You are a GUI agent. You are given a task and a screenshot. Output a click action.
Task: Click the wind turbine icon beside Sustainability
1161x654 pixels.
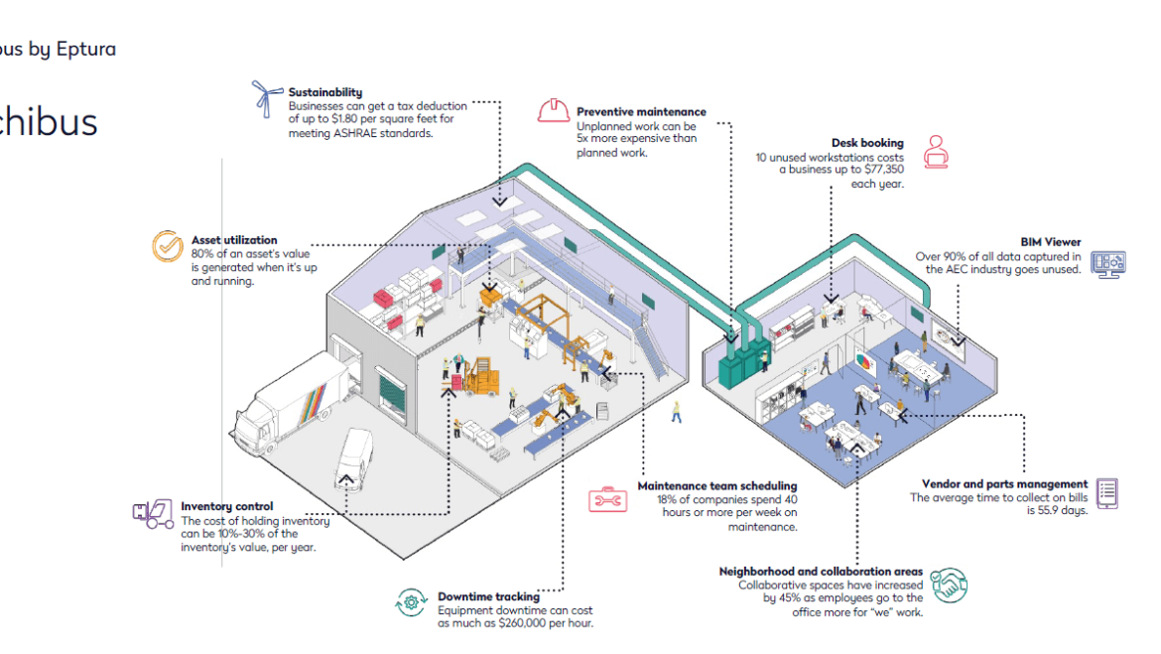265,100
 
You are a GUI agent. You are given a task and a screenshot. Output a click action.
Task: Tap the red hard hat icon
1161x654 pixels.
553,109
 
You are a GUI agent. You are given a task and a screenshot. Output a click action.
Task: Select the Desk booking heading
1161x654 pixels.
867,143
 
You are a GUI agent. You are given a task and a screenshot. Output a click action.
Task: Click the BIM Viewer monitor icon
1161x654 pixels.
1107,262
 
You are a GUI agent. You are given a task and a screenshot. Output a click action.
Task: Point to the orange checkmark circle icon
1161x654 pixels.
167,246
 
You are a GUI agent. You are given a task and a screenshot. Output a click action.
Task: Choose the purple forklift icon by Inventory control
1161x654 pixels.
153,514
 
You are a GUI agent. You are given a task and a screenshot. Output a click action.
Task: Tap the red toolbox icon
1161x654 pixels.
606,499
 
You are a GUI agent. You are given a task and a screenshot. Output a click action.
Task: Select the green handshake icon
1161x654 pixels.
950,585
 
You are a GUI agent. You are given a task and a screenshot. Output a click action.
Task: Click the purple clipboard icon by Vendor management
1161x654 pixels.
1108,492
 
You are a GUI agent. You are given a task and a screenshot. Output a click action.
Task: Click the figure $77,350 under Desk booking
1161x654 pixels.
878,171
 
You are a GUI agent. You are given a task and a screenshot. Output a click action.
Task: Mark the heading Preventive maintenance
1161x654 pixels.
641,112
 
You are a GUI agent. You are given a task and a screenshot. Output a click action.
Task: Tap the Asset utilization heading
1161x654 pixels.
234,240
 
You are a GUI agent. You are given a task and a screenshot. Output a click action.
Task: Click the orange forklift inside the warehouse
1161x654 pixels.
479,377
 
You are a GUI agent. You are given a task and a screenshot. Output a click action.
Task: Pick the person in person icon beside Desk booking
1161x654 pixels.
935,151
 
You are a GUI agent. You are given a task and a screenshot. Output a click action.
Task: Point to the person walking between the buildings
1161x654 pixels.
677,411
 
